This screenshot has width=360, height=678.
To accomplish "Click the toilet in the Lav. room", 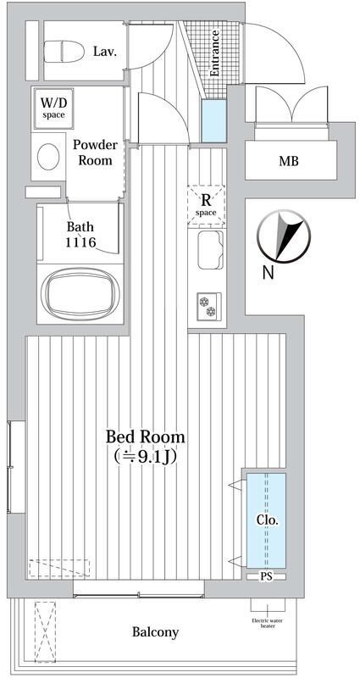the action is pyautogui.click(x=64, y=51).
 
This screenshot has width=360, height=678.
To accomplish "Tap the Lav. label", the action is pyautogui.click(x=105, y=53).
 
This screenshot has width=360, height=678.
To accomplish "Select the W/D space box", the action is pyautogui.click(x=53, y=108).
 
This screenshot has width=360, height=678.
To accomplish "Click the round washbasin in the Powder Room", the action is pyautogui.click(x=48, y=156).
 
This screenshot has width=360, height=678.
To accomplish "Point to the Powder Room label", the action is pyautogui.click(x=95, y=153).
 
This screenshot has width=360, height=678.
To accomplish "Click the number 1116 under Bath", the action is pyautogui.click(x=80, y=242).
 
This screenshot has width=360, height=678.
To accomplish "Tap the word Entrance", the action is pyautogui.click(x=214, y=53).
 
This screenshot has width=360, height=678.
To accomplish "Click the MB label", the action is pyautogui.click(x=289, y=162).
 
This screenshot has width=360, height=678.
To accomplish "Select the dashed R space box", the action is pyautogui.click(x=207, y=205).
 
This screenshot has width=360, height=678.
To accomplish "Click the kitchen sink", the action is pyautogui.click(x=210, y=249).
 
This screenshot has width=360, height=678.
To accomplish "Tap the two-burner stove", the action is pyautogui.click(x=209, y=306).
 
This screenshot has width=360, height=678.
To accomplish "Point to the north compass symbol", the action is pyautogui.click(x=284, y=236).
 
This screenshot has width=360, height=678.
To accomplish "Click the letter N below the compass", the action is pyautogui.click(x=269, y=272).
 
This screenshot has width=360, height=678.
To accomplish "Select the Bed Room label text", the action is pyautogui.click(x=146, y=436).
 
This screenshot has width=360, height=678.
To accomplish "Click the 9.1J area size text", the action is pyautogui.click(x=147, y=456).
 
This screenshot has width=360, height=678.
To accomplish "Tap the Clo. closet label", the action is pyautogui.click(x=267, y=520).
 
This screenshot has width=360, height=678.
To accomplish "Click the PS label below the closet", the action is pyautogui.click(x=266, y=576).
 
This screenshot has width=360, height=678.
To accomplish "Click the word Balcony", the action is pyautogui.click(x=155, y=632).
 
